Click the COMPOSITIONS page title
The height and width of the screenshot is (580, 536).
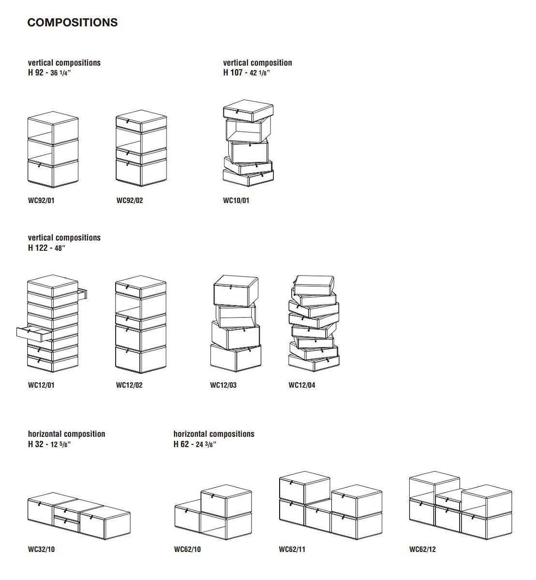72,23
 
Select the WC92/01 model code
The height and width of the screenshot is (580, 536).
41,201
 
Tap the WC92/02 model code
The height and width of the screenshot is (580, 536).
130,201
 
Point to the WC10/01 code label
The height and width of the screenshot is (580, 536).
236,201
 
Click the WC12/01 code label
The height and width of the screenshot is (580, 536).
41,385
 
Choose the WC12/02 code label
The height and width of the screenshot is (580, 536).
129,385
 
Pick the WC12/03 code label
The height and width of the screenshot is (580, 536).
223,385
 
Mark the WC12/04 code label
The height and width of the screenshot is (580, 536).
302,385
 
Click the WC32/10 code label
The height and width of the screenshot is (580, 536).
41,549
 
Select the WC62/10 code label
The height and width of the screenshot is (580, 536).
187,549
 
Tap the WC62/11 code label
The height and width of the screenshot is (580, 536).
292,549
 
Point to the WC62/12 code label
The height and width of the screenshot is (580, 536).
422,549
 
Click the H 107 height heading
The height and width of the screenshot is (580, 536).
246,72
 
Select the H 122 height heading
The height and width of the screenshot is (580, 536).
46,248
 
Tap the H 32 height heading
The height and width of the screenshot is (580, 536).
49,444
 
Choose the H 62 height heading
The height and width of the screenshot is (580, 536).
194,444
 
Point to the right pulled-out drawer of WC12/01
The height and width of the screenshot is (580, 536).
82,293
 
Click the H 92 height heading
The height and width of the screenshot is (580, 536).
50,72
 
